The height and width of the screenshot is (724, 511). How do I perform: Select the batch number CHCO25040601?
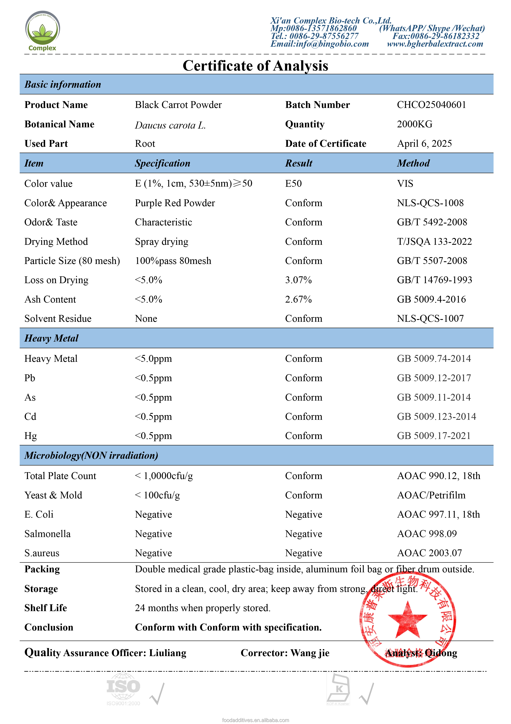[431, 105]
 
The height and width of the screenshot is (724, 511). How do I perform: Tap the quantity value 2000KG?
[414, 124]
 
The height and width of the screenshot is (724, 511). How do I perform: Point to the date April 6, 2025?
[424, 143]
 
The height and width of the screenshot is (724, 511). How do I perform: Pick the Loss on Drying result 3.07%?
[298, 280]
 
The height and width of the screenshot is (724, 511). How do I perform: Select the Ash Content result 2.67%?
[298, 299]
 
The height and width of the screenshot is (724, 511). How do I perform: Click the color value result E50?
[293, 183]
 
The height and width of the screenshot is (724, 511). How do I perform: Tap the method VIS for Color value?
[405, 183]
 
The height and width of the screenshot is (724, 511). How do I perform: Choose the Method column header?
[413, 163]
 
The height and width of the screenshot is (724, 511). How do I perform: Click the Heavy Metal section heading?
[51, 338]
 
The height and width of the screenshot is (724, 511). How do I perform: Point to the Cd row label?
[30, 416]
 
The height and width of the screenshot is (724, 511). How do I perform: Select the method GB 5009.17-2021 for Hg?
[434, 436]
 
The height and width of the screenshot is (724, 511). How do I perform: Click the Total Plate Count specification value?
[164, 476]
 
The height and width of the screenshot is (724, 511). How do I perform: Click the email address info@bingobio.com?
[320, 44]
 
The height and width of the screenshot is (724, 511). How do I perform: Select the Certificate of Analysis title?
[255, 66]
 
